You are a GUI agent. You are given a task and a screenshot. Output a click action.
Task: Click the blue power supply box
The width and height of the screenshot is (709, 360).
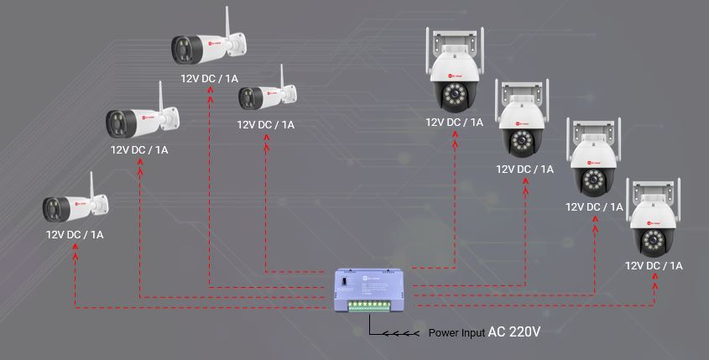point(373,290)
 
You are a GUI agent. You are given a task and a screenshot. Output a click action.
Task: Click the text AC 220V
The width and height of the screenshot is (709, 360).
point(514,332)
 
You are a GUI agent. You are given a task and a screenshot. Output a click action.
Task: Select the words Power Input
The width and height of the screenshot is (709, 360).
point(456,333)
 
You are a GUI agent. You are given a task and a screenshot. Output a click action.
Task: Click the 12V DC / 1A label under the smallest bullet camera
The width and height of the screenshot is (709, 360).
point(265,125)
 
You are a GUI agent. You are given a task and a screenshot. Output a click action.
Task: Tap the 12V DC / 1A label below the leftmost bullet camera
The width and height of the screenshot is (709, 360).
point(75,235)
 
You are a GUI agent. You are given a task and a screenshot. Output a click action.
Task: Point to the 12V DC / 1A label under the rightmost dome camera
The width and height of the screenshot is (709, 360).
point(654,265)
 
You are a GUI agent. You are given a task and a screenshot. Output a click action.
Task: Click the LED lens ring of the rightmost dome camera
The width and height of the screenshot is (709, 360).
point(654,241)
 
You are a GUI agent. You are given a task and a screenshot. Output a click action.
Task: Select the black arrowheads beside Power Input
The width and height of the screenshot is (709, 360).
point(403,333)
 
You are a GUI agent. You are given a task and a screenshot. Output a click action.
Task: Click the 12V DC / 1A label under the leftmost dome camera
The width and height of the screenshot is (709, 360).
point(454,123)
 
